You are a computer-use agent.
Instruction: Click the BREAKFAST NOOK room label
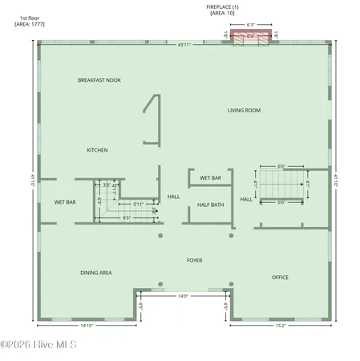click(x=99, y=80)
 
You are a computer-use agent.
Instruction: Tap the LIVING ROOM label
click(x=245, y=110)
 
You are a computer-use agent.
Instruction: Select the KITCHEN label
click(x=98, y=150)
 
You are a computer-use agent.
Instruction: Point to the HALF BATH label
click(x=210, y=205)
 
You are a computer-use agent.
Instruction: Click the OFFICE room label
click(x=280, y=278)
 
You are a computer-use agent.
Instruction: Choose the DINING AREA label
click(x=95, y=273)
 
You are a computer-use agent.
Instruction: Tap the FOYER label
click(x=195, y=260)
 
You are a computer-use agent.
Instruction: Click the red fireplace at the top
click(x=251, y=36)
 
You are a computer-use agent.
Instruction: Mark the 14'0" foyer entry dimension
click(x=184, y=297)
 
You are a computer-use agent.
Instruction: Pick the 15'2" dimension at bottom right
click(x=279, y=326)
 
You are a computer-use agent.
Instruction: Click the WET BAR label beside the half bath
click(x=211, y=177)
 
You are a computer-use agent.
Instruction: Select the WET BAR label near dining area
click(x=65, y=202)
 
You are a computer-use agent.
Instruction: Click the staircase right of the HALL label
click(x=281, y=186)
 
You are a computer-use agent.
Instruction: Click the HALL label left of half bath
click(x=173, y=197)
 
